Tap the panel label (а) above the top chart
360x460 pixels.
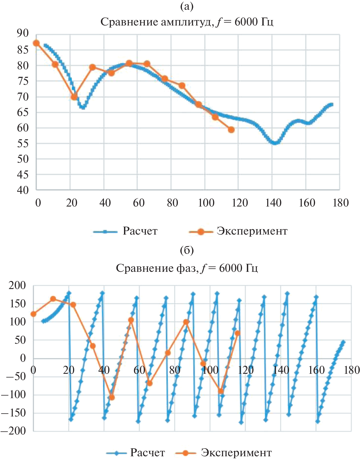[187, 6]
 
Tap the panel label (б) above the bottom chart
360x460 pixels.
[187, 251]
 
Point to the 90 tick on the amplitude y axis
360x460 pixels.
[23, 34]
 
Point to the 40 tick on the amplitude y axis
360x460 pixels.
[23, 190]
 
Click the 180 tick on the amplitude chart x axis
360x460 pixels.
[341, 203]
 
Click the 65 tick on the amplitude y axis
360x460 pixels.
[23, 112]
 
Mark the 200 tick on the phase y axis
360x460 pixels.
[17, 285]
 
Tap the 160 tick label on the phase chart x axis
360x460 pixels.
[316, 370]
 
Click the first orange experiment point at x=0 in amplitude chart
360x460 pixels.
[36, 43]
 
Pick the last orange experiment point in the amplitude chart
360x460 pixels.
[231, 130]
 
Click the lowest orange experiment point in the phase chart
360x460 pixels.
[112, 397]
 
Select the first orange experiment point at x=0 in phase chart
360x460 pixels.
[34, 314]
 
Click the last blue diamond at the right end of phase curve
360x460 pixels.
[343, 342]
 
